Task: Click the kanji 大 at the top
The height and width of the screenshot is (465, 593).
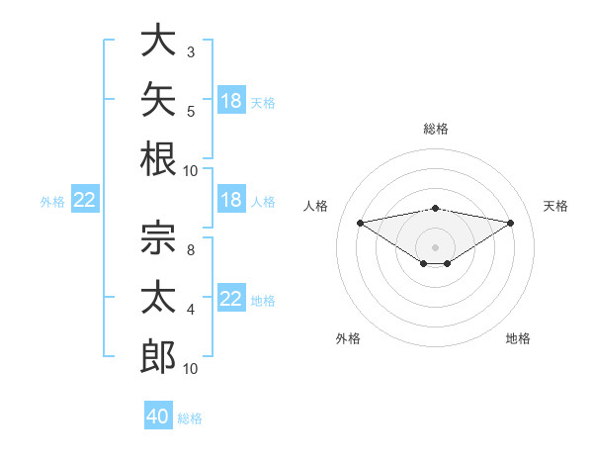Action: click(158, 40)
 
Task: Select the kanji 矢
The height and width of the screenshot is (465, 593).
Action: click(158, 99)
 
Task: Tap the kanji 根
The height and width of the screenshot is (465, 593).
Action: click(158, 159)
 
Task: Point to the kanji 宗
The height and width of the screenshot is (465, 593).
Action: click(158, 237)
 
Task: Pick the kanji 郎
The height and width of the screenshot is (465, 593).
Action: click(158, 356)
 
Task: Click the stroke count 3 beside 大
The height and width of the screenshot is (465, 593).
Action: click(191, 52)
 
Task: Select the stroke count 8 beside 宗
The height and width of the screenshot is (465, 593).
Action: click(191, 250)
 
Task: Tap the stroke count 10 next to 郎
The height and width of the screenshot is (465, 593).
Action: click(190, 369)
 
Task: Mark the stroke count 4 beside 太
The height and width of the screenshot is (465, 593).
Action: click(191, 310)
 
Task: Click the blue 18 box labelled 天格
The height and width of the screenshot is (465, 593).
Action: click(231, 100)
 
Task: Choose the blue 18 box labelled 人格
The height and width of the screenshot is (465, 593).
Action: click(231, 199)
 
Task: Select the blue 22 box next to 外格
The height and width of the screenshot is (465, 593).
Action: click(85, 199)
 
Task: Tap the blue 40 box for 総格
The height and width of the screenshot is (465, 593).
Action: click(158, 415)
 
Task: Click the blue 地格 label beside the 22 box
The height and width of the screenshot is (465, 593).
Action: click(263, 301)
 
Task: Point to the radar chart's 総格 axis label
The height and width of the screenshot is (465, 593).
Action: click(436, 129)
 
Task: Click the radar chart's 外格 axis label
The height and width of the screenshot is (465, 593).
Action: click(348, 338)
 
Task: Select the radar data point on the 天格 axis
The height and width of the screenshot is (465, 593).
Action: click(511, 223)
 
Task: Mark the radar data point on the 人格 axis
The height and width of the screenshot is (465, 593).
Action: click(360, 223)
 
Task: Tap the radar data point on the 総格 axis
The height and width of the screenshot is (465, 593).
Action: click(435, 209)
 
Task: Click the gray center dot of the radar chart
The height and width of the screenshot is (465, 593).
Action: click(435, 247)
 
